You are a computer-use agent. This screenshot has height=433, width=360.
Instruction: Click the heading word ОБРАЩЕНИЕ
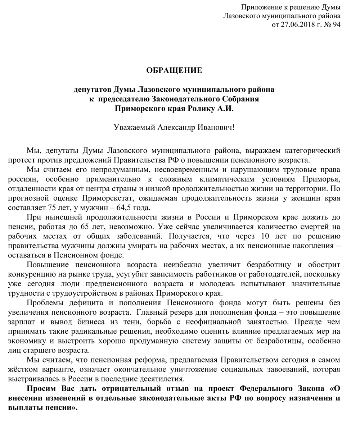[174, 70]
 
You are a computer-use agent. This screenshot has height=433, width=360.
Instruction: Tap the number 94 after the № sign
[336, 24]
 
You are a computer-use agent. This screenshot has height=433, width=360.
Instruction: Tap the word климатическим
[249, 179]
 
